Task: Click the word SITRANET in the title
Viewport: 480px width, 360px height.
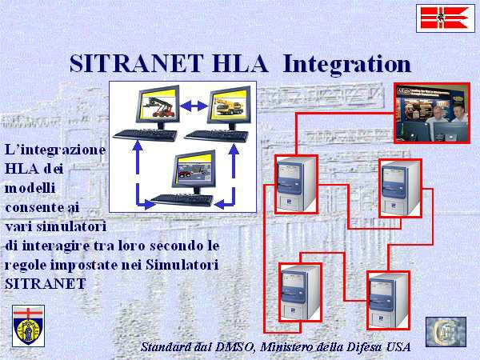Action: [x=137, y=63]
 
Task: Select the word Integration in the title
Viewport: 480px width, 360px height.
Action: [x=346, y=64]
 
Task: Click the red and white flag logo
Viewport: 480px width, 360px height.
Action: [x=446, y=18]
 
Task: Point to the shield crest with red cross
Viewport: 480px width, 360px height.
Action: [x=28, y=326]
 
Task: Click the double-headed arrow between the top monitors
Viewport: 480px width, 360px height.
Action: [x=194, y=106]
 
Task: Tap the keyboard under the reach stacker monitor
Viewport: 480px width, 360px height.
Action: [x=145, y=135]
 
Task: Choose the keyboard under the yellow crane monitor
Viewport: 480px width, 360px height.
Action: [x=217, y=136]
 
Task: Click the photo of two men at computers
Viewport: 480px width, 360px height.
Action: [x=432, y=113]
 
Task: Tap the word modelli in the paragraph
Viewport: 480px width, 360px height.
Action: [x=30, y=188]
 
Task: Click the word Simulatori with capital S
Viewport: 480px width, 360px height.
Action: [x=182, y=265]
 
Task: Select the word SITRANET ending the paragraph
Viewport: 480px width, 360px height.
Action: [x=45, y=284]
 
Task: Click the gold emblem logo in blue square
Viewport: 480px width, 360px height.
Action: [x=446, y=332]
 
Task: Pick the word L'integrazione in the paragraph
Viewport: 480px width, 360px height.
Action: [x=55, y=150]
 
